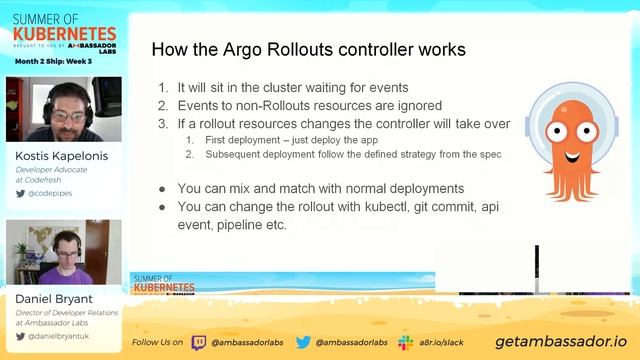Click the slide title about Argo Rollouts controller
click(307, 49)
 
